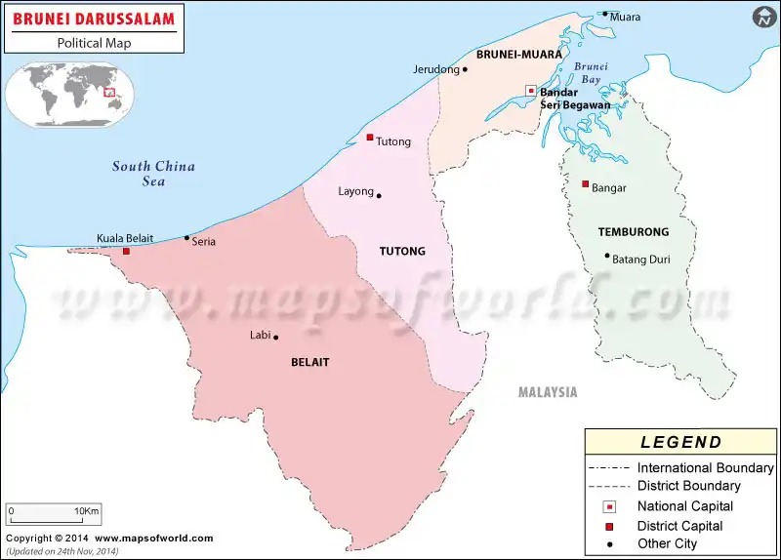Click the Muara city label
pyautogui.click(x=625, y=17)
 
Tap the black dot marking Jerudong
pyautogui.click(x=465, y=69)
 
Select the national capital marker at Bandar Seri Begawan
pyautogui.click(x=531, y=91)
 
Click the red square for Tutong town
pyautogui.click(x=370, y=138)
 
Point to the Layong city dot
pyautogui.click(x=379, y=195)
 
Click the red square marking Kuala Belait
pyautogui.click(x=126, y=252)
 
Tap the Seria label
pyautogui.click(x=204, y=242)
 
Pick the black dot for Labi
pyautogui.click(x=276, y=338)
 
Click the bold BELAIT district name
pyautogui.click(x=310, y=362)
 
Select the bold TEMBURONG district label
pyautogui.click(x=634, y=232)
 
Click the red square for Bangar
pyautogui.click(x=585, y=184)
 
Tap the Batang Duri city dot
pyautogui.click(x=606, y=257)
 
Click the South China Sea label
pyautogui.click(x=153, y=174)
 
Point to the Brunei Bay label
pyautogui.click(x=591, y=72)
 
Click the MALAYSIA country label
pyautogui.click(x=548, y=392)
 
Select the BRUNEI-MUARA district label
pyautogui.click(x=518, y=55)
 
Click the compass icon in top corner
pyautogui.click(x=763, y=17)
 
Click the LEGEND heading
pyautogui.click(x=680, y=442)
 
